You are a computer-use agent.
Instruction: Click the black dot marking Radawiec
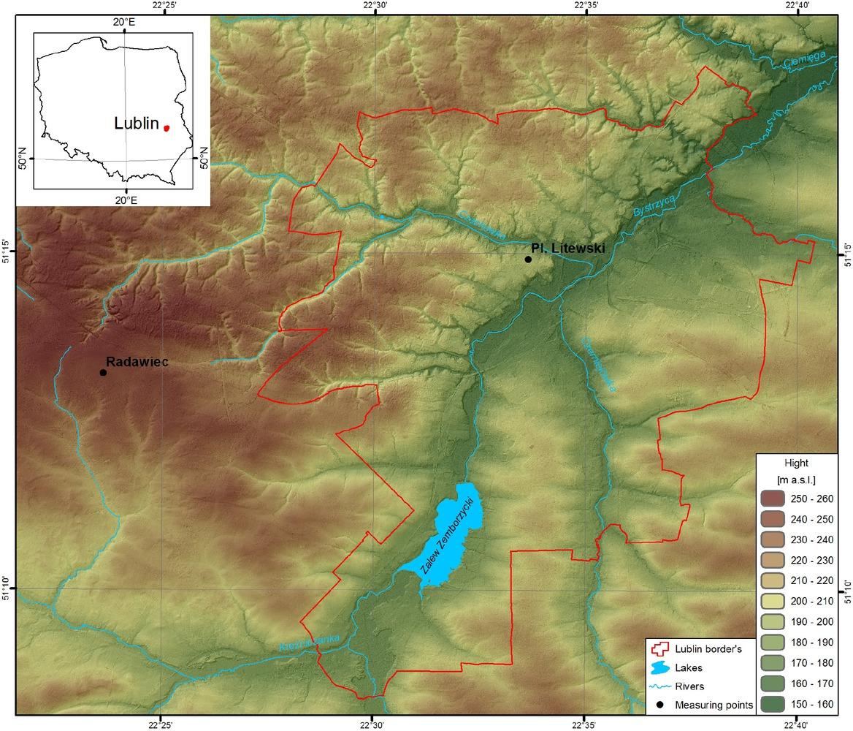tap(103, 372)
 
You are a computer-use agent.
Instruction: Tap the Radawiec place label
tap(137, 361)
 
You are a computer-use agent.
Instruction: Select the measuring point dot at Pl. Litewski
tap(528, 259)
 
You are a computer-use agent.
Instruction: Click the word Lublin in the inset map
tap(137, 124)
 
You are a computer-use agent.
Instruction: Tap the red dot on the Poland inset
tap(167, 127)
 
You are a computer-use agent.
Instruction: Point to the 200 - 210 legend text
tap(811, 602)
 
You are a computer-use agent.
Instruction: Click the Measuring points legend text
tap(714, 705)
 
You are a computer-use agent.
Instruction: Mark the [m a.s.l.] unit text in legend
tap(797, 480)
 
